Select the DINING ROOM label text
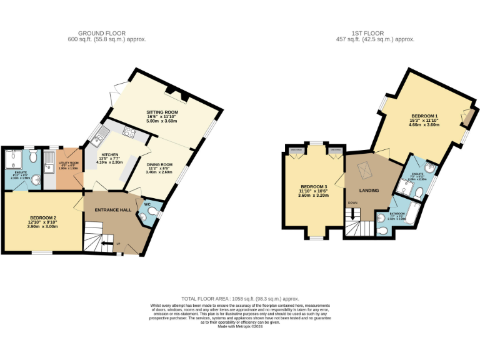[x=159, y=165]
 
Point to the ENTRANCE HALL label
[x=112, y=210]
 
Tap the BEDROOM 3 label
[x=313, y=187]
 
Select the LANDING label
[x=369, y=190]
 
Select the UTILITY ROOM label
[x=67, y=161]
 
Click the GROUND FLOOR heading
[x=102, y=33]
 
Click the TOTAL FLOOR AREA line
[x=240, y=299]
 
